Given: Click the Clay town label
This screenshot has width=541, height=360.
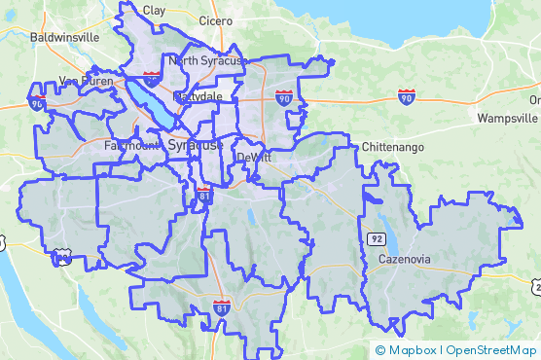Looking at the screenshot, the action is tap(154, 10).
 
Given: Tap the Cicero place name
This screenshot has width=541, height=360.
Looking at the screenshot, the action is tap(214, 19).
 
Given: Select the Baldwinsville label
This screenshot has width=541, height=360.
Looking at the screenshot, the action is tap(65, 36).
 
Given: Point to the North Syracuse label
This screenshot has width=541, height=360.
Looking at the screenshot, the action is tap(204, 60).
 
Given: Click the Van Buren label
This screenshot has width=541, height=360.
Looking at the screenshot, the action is tap(81, 81).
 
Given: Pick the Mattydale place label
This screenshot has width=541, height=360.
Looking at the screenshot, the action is tap(198, 97).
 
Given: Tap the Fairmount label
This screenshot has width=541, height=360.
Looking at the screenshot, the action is tap(132, 145).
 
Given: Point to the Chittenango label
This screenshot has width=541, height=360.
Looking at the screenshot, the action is tap(394, 146).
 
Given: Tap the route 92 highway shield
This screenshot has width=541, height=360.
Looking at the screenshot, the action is tap(376, 237).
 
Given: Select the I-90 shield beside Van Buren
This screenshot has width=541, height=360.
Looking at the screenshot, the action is tap(36, 102).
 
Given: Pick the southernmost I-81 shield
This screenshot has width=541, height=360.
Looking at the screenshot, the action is tap(222, 308).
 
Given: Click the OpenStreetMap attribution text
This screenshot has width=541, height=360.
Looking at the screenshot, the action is tap(491, 350).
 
